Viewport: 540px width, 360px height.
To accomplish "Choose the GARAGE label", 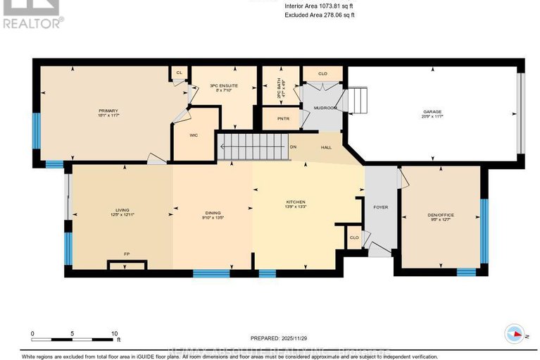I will coord(432,111).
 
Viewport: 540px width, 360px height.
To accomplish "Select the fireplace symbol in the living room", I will coord(127,264).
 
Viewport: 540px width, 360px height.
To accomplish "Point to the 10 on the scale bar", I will coord(113,333).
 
